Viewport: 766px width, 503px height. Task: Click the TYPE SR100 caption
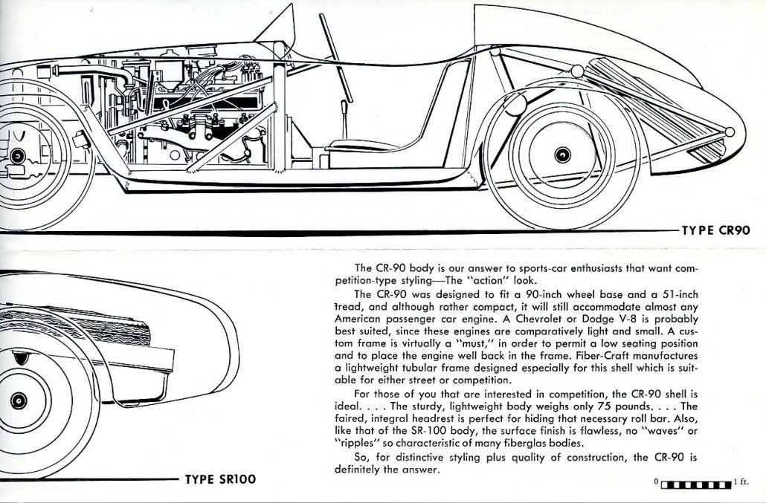pyautogui.click(x=220, y=478)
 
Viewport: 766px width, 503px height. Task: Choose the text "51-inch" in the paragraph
pyautogui.click(x=675, y=295)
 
